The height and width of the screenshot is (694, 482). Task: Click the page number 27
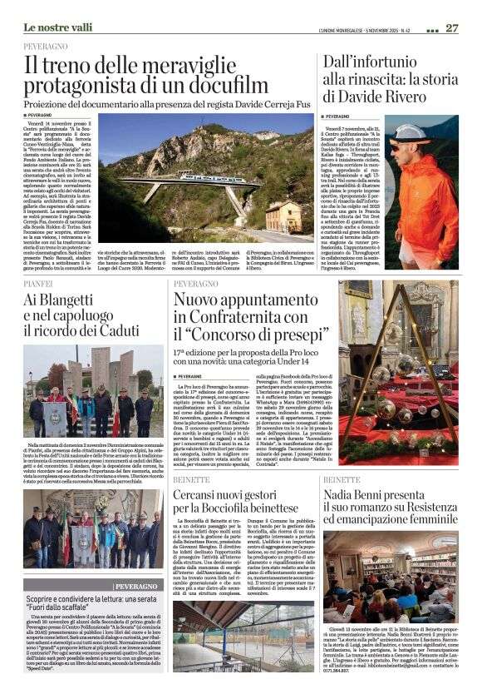click(x=451, y=27)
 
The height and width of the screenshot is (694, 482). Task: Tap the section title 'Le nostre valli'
click(x=57, y=28)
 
